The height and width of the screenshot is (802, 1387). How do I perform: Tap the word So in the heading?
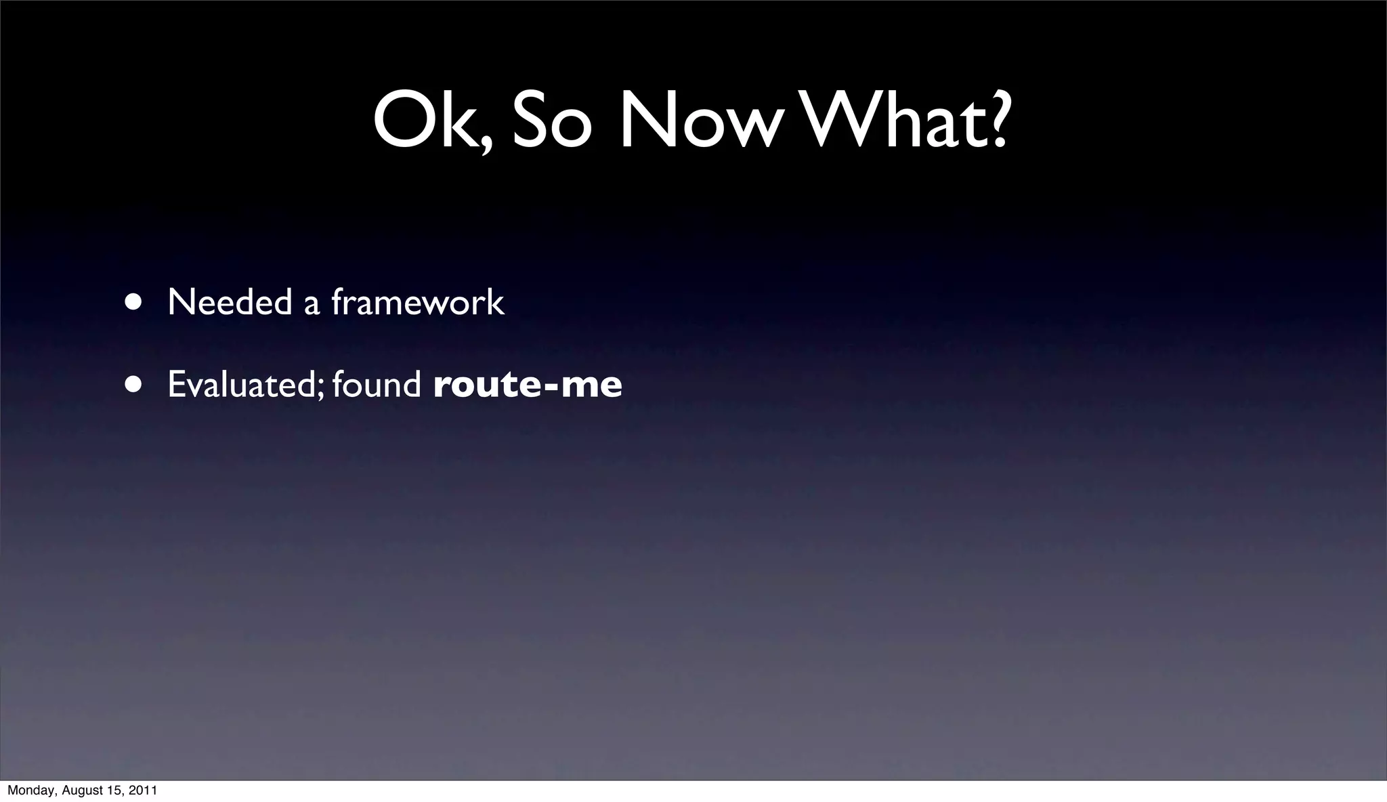click(552, 122)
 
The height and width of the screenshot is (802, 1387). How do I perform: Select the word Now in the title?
click(698, 122)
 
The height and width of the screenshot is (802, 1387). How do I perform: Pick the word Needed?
click(230, 302)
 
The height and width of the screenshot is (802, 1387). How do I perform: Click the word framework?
click(417, 302)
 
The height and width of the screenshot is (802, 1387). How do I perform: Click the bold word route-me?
click(527, 385)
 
